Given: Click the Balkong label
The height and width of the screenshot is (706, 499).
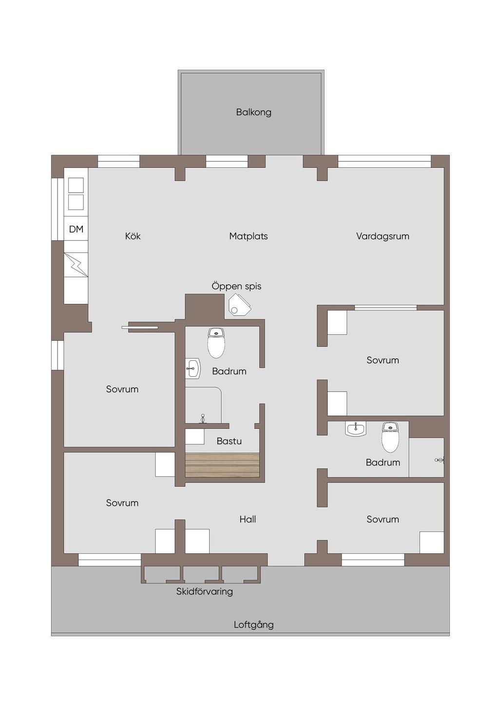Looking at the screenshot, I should click(x=253, y=112).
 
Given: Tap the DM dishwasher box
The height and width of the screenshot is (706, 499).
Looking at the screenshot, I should click(x=76, y=229).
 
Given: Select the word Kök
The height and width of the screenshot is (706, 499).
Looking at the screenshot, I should click(x=133, y=236).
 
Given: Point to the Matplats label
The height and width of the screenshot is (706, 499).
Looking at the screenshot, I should click(x=249, y=236).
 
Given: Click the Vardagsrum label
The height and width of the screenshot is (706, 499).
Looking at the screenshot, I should click(x=383, y=236).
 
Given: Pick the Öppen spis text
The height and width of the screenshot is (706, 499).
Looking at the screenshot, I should click(x=236, y=286).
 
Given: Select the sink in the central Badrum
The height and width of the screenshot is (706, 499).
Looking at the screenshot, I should click(x=193, y=368).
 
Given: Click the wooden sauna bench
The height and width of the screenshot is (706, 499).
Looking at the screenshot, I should click(x=222, y=465).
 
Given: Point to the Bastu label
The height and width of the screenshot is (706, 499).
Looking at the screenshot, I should click(x=229, y=441).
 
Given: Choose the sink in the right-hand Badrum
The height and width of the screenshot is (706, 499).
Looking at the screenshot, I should click(x=356, y=429).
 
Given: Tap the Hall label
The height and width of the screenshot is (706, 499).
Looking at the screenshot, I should click(x=248, y=519).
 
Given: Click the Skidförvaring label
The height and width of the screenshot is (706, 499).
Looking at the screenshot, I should click(x=205, y=591).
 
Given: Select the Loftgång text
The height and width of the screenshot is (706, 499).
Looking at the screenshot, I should click(x=253, y=625).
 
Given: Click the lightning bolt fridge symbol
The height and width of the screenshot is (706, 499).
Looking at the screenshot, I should click(x=76, y=264).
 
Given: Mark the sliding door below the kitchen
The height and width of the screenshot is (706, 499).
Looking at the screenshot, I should click(x=140, y=327).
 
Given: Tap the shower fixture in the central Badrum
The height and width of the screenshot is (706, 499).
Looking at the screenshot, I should click(x=203, y=418).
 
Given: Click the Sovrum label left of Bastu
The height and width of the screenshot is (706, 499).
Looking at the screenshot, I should click(x=122, y=389).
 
